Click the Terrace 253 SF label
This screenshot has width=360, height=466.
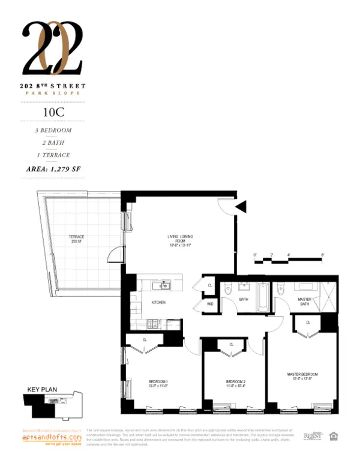pos(77,239)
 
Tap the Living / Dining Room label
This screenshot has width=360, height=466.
pos(179,241)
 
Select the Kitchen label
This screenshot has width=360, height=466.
pos(158,302)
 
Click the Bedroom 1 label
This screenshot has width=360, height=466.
pos(158,382)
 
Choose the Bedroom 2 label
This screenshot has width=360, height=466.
pos(235,382)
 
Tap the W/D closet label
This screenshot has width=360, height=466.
pos(210,304)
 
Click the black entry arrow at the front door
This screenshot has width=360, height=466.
pos(241,207)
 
